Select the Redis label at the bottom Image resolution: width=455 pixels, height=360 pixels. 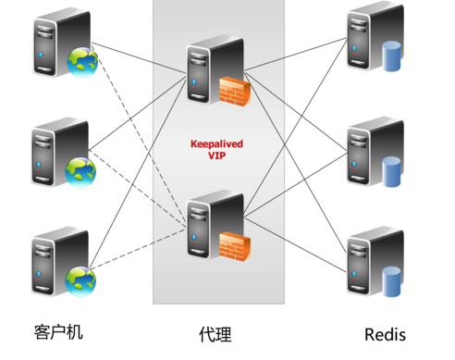385,333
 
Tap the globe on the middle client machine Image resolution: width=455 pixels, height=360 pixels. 80,169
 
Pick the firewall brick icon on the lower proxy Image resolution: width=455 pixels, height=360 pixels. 234,244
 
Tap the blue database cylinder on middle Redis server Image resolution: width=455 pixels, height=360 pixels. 392,171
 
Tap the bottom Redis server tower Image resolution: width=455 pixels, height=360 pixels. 363,261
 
